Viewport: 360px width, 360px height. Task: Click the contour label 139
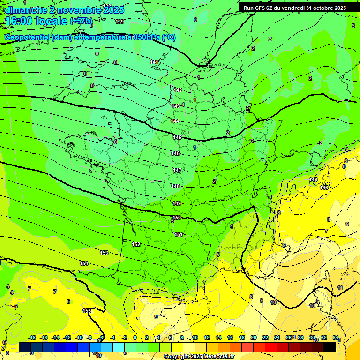point(120,22)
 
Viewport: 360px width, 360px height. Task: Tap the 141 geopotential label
point(155,62)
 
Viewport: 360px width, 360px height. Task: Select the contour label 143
point(176,106)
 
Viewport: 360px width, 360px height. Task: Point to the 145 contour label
point(177,137)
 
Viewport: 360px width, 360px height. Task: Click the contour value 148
point(175,186)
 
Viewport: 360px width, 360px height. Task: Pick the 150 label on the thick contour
point(177,218)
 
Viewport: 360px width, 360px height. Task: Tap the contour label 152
point(136,244)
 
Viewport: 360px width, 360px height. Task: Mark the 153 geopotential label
point(104,253)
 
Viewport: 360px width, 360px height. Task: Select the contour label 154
point(84,263)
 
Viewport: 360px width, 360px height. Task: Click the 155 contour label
point(87,311)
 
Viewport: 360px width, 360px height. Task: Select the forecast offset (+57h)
point(81,21)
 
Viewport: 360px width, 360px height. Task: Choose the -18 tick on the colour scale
point(32,337)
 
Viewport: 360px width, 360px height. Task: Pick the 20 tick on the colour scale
point(254,337)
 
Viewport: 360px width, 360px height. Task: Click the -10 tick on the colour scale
point(79,337)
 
